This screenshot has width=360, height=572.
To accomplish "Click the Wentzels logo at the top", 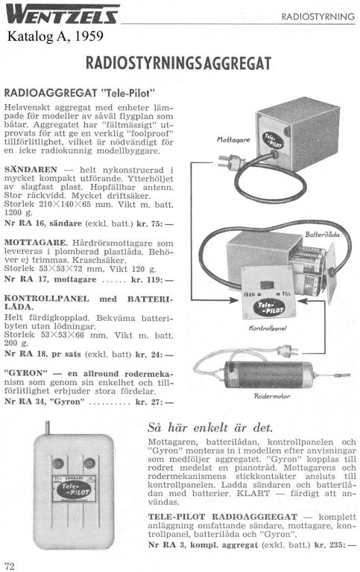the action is (x=63, y=14).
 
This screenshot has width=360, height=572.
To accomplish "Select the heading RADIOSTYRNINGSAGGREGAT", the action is (x=178, y=63).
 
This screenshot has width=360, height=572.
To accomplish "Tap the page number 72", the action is (x=10, y=565).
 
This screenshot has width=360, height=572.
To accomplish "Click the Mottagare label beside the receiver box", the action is (x=233, y=140).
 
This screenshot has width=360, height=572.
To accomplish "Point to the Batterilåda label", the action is (x=322, y=234).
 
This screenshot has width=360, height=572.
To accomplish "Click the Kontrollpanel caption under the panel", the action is (x=268, y=328).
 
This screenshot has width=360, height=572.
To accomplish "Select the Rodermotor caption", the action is (x=272, y=395).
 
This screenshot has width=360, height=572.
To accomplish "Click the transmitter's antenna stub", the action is (x=47, y=428).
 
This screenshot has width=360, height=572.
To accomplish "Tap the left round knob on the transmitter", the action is (x=58, y=463).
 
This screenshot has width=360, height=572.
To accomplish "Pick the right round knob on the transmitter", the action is (x=89, y=463).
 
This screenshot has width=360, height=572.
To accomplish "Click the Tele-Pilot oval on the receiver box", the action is (x=274, y=141).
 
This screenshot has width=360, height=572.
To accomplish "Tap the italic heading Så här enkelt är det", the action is (x=210, y=428).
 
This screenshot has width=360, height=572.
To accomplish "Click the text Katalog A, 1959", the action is (x=55, y=36).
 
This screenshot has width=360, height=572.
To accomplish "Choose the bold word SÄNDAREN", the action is (x=31, y=170).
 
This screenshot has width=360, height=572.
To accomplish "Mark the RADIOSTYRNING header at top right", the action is (x=318, y=16).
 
